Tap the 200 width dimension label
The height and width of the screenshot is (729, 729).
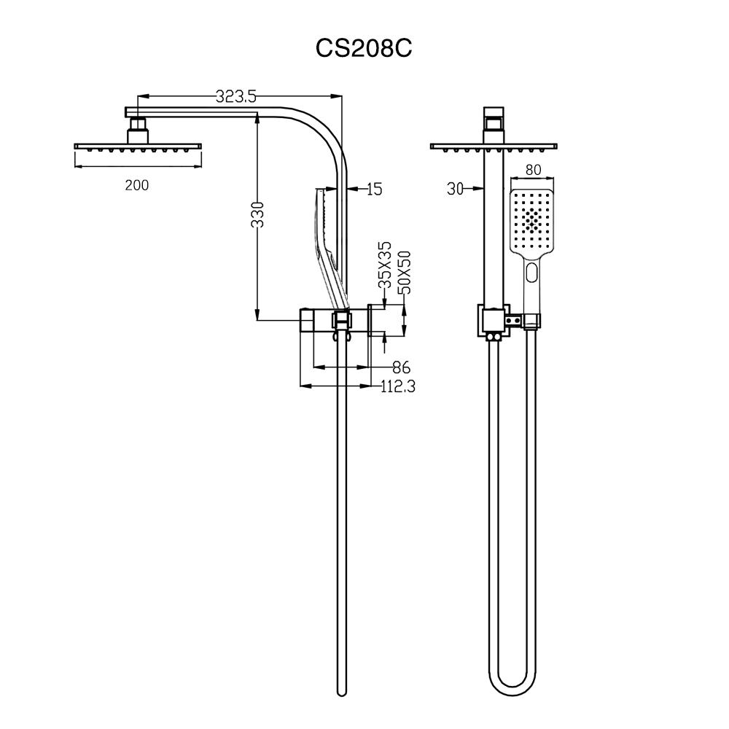point(136,185)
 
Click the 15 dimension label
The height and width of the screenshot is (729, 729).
point(374,190)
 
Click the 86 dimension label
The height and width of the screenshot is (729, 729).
point(401,367)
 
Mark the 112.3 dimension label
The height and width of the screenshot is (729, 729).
point(397,387)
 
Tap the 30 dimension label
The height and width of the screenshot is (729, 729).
point(456,189)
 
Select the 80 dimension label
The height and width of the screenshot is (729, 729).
point(533,171)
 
